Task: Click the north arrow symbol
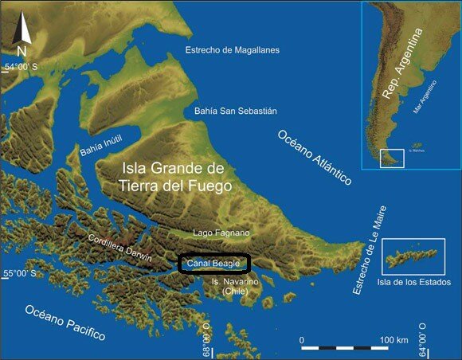(23, 35)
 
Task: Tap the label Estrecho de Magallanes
(233, 49)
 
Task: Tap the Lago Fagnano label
(221, 233)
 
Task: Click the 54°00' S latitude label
(26, 67)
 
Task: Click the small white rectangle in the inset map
(392, 158)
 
